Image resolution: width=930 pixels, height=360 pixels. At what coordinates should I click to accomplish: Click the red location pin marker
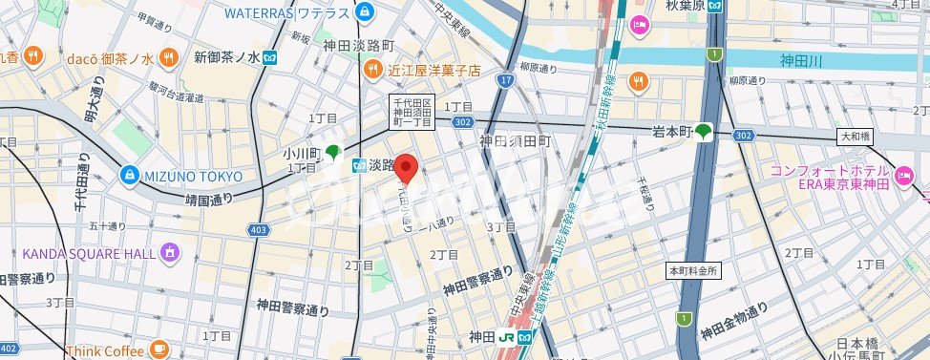tap(408, 167)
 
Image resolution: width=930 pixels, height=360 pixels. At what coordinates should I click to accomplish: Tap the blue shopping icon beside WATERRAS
tap(363, 12)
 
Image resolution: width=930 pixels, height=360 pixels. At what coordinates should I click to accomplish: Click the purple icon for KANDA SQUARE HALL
tap(170, 253)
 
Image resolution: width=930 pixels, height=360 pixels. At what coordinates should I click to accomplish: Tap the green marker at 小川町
tap(333, 152)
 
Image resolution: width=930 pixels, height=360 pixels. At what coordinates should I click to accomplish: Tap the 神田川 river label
tap(801, 61)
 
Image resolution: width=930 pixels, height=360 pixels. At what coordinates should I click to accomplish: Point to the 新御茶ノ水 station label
tap(227, 57)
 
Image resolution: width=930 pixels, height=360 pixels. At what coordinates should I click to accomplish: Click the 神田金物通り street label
tap(733, 322)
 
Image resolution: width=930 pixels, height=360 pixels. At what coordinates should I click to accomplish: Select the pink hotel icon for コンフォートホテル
tap(901, 176)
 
